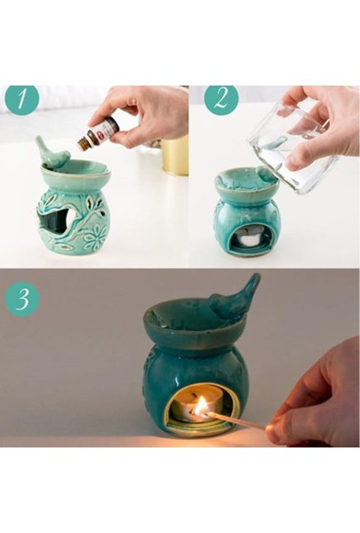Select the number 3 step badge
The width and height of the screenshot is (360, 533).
[22, 299]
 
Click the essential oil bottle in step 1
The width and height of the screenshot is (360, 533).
[98, 133]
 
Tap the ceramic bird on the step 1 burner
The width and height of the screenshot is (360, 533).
[52, 152]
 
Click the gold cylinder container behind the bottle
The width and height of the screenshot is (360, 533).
[175, 156]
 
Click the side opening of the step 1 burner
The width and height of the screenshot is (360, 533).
[57, 221]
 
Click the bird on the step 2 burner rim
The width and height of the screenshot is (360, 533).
[267, 174]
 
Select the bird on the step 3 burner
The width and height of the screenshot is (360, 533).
[235, 297]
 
